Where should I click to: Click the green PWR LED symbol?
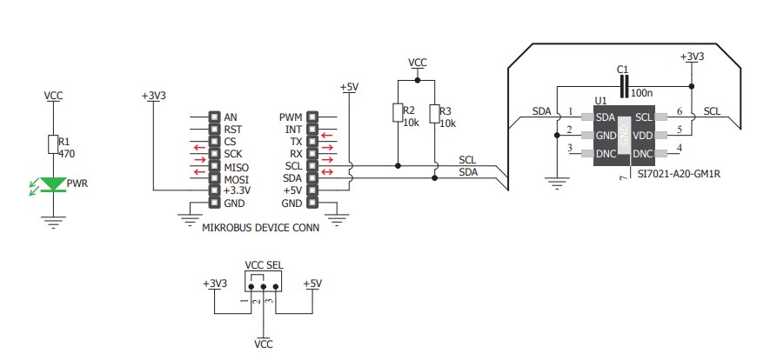pos(54,183)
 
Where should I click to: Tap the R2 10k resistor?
pos(398,113)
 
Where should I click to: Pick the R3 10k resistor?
pos(433,113)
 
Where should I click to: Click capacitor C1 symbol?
pos(623,85)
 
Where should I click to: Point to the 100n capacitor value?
pos(640,91)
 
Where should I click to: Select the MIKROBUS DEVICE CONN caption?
pos(260,228)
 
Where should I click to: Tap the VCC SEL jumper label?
pos(264,265)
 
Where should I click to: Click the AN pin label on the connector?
pos(231,117)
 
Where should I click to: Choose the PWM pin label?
pos(291,117)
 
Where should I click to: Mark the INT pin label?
pos(293,130)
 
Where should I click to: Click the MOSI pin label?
pos(236,178)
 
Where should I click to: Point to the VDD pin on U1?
pos(642,136)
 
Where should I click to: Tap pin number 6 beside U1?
pos(680,111)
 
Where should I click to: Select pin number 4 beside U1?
pos(680,149)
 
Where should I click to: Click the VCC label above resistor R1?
pos(53,96)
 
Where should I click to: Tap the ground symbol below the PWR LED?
pos(54,222)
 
